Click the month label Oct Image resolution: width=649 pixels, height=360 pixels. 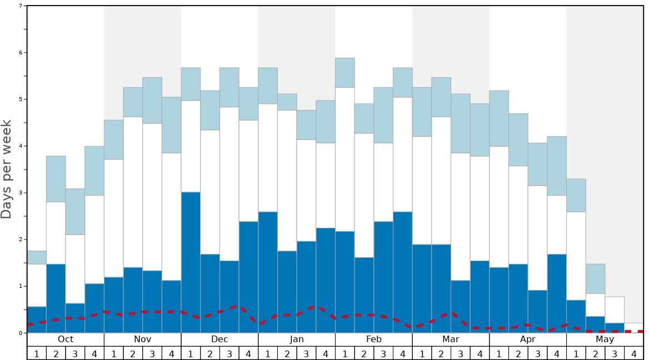click(x=66, y=339)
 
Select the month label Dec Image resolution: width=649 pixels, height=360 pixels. click(x=219, y=339)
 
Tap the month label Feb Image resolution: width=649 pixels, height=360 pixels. click(x=374, y=339)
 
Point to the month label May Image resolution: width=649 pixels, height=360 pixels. click(x=605, y=339)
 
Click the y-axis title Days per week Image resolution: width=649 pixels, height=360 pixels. click(x=7, y=169)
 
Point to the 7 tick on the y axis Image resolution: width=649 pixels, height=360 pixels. click(x=21, y=6)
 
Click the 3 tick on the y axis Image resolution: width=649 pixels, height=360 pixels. click(x=21, y=193)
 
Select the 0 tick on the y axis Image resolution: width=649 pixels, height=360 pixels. click(x=21, y=333)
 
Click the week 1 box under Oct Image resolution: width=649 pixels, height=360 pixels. click(x=37, y=353)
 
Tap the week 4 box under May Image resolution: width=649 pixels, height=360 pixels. click(x=634, y=353)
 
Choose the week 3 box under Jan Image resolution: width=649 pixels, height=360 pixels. click(x=306, y=353)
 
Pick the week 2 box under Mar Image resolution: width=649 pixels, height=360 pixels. click(x=441, y=353)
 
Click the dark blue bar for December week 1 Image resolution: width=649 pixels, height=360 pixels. click(x=191, y=262)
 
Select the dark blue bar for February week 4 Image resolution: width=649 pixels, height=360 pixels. click(x=403, y=272)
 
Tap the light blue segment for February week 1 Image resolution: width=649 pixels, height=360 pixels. click(x=345, y=73)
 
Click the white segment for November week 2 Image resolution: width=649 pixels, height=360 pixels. click(x=133, y=192)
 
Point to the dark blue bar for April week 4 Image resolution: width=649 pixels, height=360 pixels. click(x=557, y=293)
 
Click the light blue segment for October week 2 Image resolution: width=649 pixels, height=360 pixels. click(x=56, y=179)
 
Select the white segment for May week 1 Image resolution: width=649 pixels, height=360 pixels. click(x=576, y=256)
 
